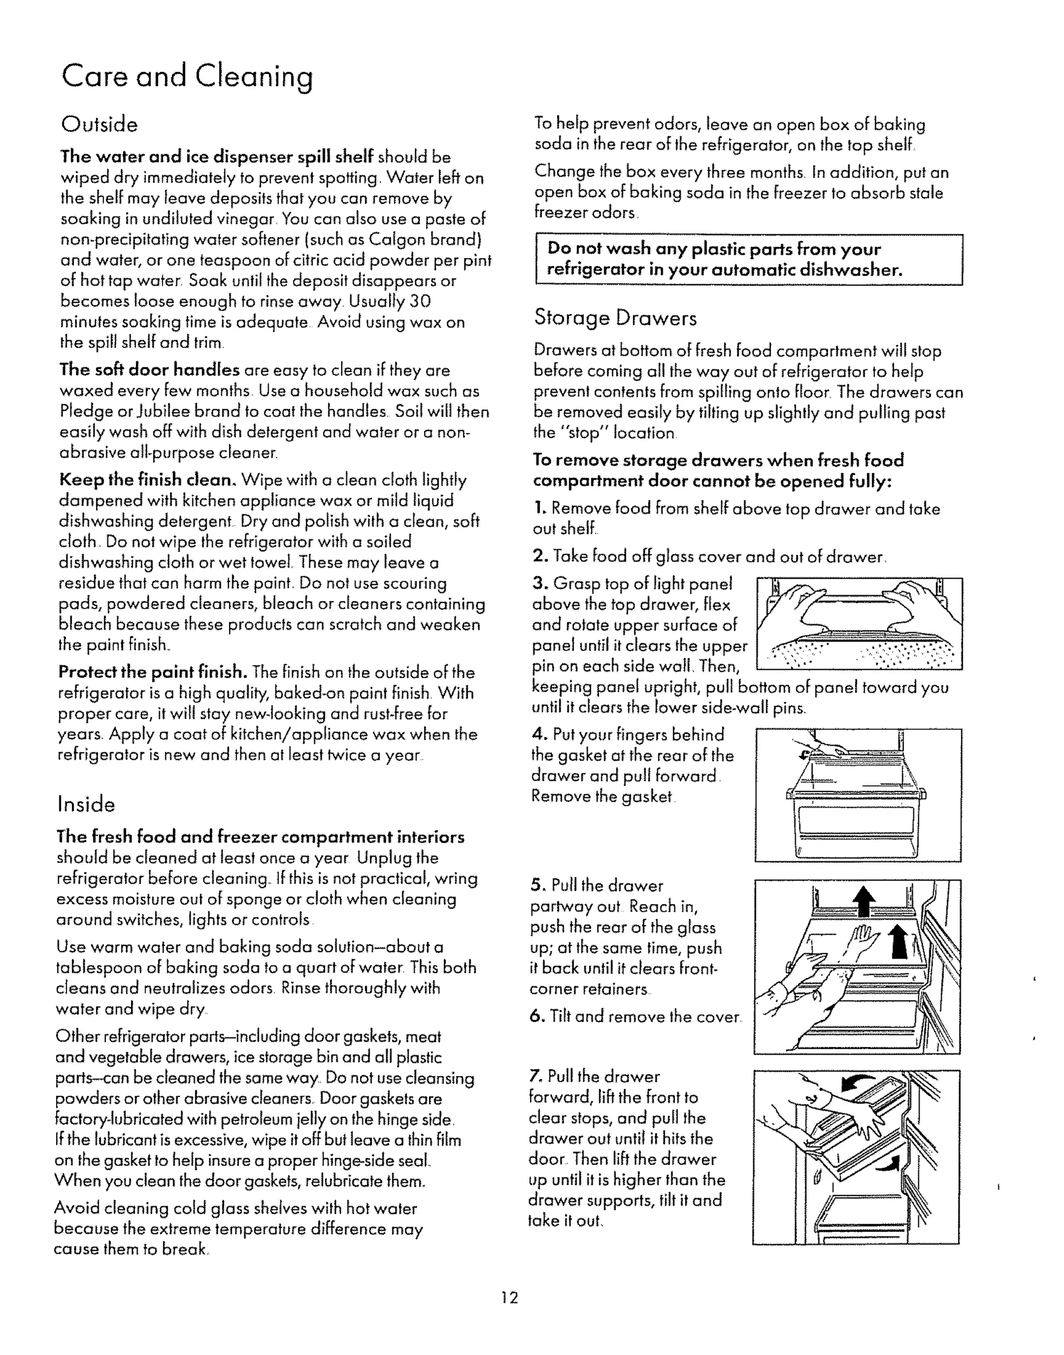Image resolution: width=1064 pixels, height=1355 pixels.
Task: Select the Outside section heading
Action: pyautogui.click(x=99, y=125)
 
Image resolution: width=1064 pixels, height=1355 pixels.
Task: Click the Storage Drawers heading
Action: pyautogui.click(x=615, y=318)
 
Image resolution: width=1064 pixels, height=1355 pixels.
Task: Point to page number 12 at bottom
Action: pyautogui.click(x=509, y=1298)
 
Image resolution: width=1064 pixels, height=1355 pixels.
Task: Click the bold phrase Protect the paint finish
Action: pyautogui.click(x=153, y=672)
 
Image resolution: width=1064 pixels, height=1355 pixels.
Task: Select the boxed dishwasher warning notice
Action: pyautogui.click(x=749, y=260)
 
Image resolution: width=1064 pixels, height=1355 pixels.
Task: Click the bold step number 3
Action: pyautogui.click(x=539, y=584)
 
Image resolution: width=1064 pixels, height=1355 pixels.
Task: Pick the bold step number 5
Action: pyautogui.click(x=538, y=885)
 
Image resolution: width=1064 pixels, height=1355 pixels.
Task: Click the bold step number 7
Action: pyautogui.click(x=535, y=1077)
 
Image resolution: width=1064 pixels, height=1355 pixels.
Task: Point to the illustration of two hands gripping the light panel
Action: pyautogui.click(x=858, y=623)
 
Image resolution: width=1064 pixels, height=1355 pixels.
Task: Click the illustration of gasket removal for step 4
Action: pyautogui.click(x=858, y=795)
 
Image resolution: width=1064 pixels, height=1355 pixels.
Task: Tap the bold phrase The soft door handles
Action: pyautogui.click(x=149, y=370)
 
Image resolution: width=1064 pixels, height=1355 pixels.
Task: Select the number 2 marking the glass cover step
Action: pyautogui.click(x=539, y=556)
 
